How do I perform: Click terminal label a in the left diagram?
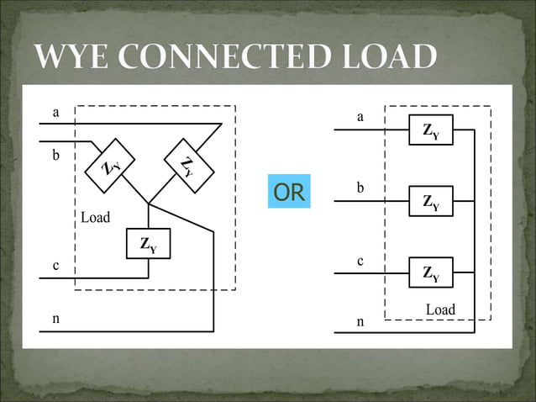pos(55,112)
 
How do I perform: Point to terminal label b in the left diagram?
pos(55,156)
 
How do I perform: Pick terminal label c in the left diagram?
pos(55,266)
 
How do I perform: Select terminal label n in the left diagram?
pos(55,319)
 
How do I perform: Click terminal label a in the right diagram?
pos(360,117)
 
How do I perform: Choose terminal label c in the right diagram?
pos(360,261)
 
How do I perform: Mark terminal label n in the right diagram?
pos(360,321)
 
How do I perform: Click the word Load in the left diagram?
pos(95,218)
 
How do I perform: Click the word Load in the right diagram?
pos(440,309)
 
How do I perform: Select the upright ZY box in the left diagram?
pos(148,245)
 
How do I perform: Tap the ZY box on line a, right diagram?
pos(431,130)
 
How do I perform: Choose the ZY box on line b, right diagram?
pos(431,202)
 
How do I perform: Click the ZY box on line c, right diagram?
pos(431,272)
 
